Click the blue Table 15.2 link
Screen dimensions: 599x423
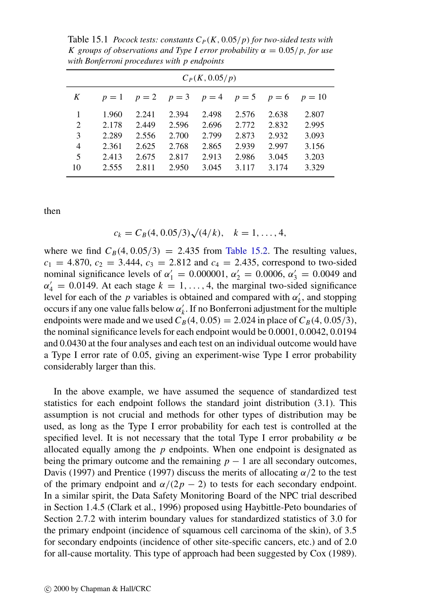click(x=247, y=251)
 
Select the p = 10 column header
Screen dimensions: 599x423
click(x=313, y=97)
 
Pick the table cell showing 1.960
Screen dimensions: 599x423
click(x=112, y=114)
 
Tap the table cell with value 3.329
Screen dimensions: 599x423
click(x=314, y=168)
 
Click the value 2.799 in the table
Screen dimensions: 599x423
click(x=211, y=136)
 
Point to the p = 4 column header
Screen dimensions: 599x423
click(x=212, y=97)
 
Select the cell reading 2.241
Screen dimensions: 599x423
click(x=146, y=114)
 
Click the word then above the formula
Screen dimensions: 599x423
click(x=52, y=211)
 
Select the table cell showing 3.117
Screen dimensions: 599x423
click(x=245, y=168)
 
